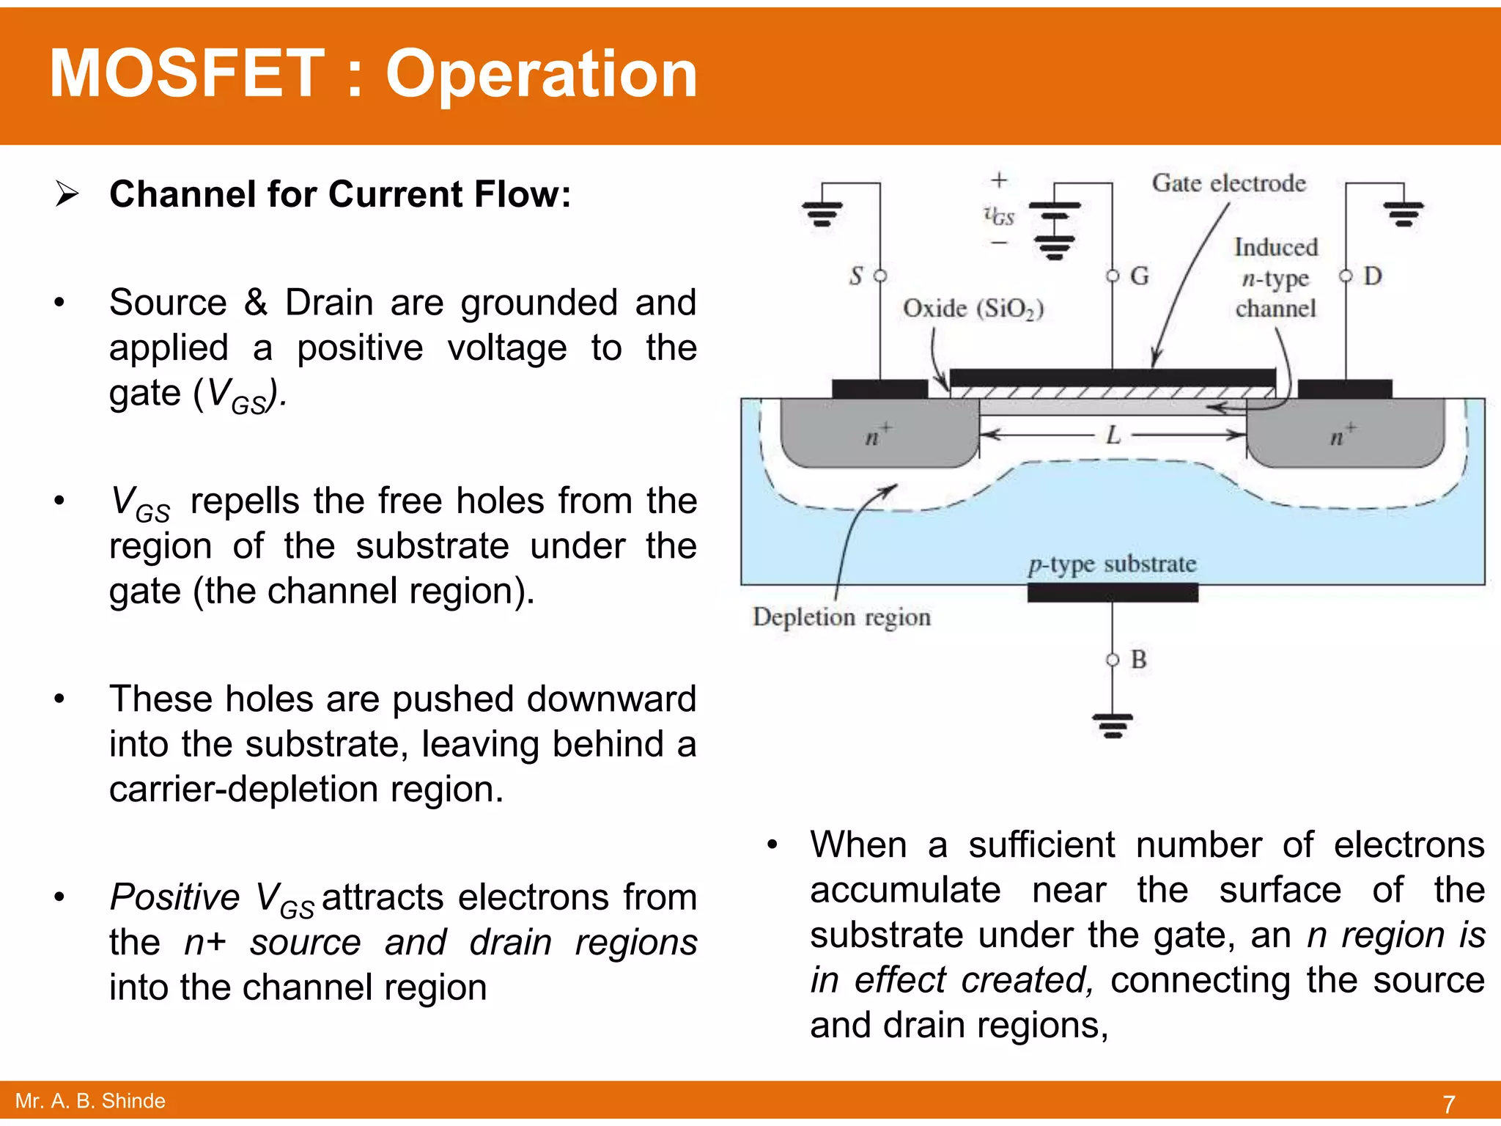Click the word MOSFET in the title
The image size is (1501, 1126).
[x=187, y=73]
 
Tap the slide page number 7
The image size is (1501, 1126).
[x=1448, y=1103]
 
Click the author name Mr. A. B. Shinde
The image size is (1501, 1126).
[x=90, y=1100]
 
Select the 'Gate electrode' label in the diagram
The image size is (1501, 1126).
[x=1228, y=183]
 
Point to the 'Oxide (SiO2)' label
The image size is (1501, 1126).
[x=973, y=309]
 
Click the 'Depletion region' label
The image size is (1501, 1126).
[x=841, y=617]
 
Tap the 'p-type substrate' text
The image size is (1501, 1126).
[x=1112, y=564]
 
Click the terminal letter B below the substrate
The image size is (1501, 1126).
[x=1138, y=660]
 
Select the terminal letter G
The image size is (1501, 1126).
[x=1139, y=276]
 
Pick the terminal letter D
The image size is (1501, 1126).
[x=1372, y=276]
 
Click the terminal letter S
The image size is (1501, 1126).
[x=856, y=276]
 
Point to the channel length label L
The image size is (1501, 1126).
[x=1113, y=435]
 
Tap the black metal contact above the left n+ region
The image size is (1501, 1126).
[x=879, y=389]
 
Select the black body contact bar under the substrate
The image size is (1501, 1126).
[x=1112, y=593]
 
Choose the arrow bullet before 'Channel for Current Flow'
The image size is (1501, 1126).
[x=67, y=194]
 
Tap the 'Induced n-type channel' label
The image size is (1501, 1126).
[x=1275, y=278]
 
